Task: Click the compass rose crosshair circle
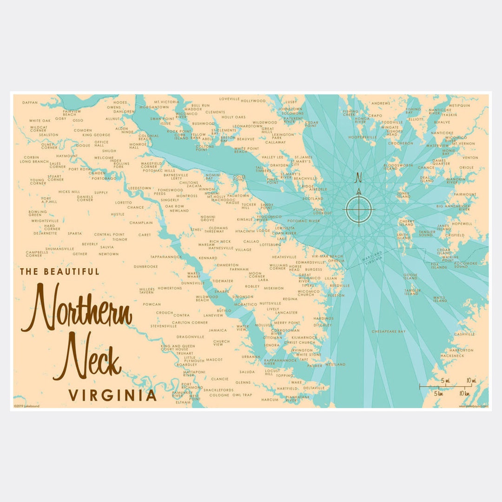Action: [358, 209]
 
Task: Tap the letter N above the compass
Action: [358, 178]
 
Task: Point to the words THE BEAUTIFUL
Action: [59, 271]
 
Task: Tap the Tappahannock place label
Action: [165, 257]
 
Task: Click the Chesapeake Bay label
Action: [389, 331]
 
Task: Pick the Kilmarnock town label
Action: [304, 337]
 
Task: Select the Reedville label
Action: [339, 285]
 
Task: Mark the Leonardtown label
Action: [247, 126]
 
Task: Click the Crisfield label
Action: [454, 235]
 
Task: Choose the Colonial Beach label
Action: [148, 137]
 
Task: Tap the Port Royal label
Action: [79, 169]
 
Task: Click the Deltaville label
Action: [314, 388]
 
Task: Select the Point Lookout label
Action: [319, 211]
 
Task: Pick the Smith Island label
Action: [403, 237]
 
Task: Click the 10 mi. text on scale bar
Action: [471, 381]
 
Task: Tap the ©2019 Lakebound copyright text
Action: [26, 406]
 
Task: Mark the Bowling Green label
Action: [38, 213]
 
